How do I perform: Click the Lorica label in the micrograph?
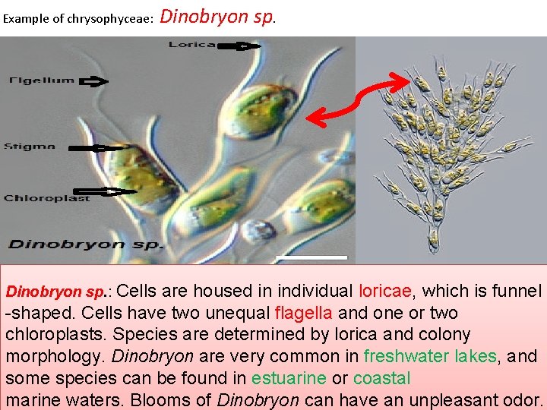click(191, 45)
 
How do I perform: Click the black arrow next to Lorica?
click(239, 46)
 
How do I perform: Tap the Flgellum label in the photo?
click(42, 80)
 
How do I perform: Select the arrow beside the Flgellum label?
click(93, 81)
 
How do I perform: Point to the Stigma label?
click(30, 147)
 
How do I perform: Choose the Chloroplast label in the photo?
click(47, 199)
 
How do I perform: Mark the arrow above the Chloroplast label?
click(109, 190)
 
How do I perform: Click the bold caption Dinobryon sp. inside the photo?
click(85, 244)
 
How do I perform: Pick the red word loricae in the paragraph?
click(385, 291)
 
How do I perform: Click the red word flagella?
click(303, 313)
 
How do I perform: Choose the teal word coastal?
click(381, 378)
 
